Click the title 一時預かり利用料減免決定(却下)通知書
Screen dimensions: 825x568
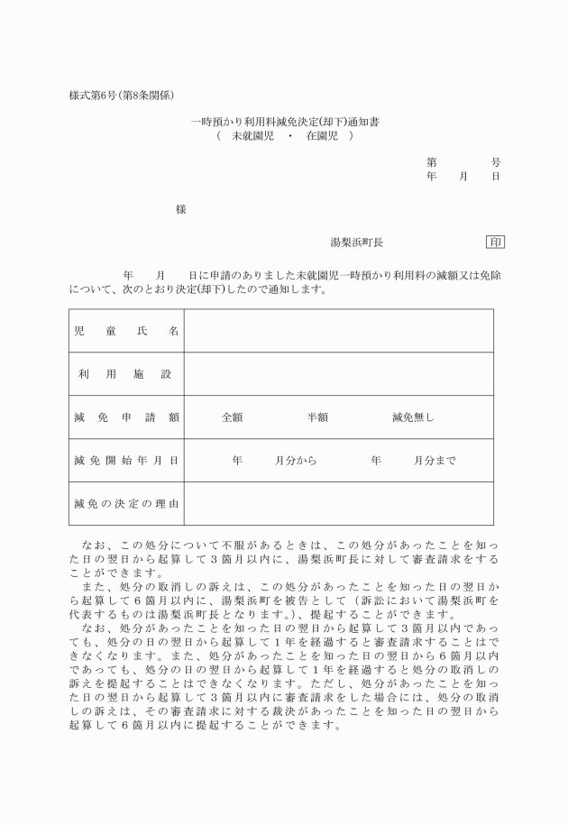coord(284,122)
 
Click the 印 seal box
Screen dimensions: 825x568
coord(495,243)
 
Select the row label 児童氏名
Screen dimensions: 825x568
coord(126,331)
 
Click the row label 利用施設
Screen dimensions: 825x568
coord(126,374)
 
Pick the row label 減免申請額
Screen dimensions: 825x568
coord(126,417)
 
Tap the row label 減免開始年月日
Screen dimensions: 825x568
coord(126,461)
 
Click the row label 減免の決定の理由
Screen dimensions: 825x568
coord(126,503)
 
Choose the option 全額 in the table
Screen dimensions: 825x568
coord(232,417)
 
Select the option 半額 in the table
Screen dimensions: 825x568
coord(316,417)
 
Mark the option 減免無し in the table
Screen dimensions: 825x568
coord(413,417)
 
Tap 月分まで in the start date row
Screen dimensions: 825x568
coord(435,461)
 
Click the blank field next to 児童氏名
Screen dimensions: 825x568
coord(338,331)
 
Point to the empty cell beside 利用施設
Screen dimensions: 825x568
coord(338,374)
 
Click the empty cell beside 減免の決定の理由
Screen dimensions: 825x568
coord(338,503)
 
